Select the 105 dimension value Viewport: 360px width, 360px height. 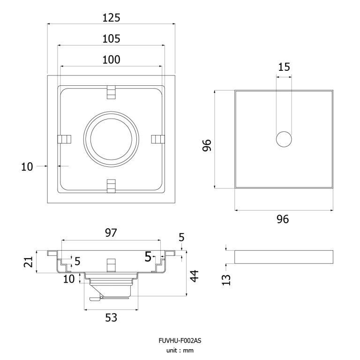tap(111, 39)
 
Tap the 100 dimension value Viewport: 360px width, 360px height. tap(111, 60)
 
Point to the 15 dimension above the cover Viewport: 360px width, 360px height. tap(284, 67)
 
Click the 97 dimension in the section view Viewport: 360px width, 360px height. tap(111, 233)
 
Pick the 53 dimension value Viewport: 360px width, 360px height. tap(111, 318)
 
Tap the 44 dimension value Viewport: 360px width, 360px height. tap(194, 275)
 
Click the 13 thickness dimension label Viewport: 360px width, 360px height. tap(227, 280)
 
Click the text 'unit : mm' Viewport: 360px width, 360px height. tap(180, 350)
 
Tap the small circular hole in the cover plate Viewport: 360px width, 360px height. tap(284, 140)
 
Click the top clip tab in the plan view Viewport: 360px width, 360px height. tap(111, 92)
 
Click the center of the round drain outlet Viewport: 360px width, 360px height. tap(111, 139)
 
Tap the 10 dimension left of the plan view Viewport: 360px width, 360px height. tap(28, 166)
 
